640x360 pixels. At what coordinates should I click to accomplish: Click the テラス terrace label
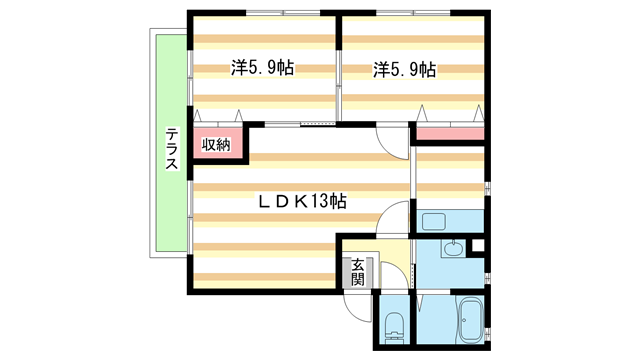pyautogui.click(x=172, y=148)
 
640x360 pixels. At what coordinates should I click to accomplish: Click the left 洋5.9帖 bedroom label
pyautogui.click(x=263, y=69)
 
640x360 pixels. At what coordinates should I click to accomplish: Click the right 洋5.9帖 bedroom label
pyautogui.click(x=405, y=69)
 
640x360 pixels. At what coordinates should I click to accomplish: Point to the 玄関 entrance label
pyautogui.click(x=357, y=270)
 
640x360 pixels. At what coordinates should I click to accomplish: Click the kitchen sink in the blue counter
pyautogui.click(x=433, y=221)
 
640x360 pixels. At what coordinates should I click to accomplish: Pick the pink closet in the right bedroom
pyautogui.click(x=450, y=133)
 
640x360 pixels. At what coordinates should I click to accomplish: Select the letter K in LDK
pyautogui.click(x=297, y=201)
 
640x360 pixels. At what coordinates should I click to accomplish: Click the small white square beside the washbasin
pyautogui.click(x=477, y=245)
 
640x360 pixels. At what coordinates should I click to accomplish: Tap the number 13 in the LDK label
pyautogui.click(x=319, y=201)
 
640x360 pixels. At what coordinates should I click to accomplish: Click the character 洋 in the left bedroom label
pyautogui.click(x=239, y=69)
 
